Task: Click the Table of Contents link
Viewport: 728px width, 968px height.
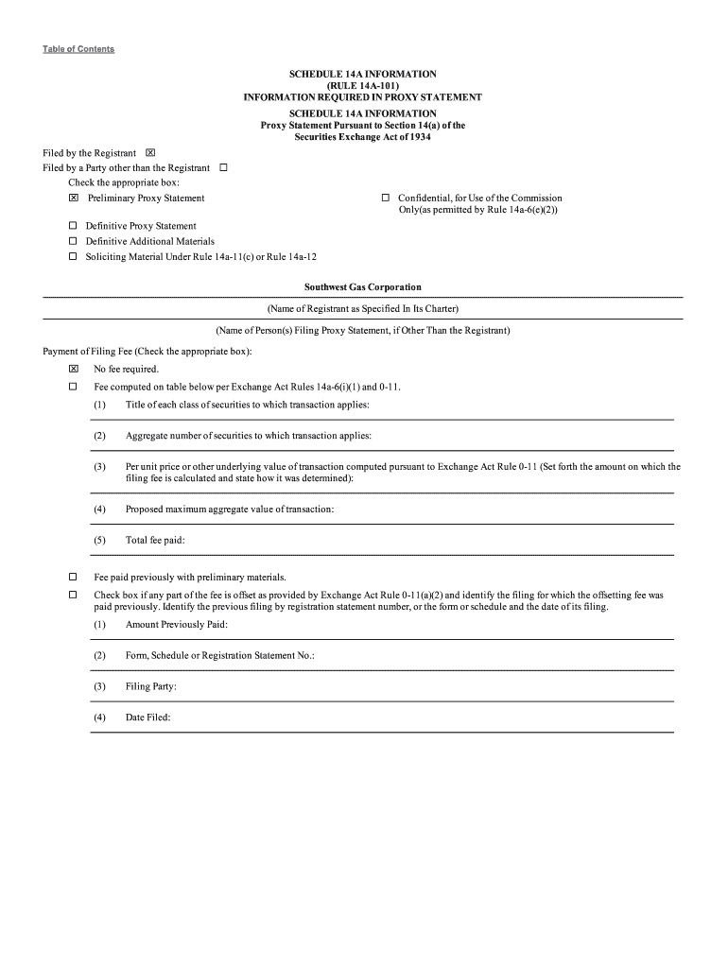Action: click(78, 49)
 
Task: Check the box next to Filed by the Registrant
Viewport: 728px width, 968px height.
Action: click(150, 153)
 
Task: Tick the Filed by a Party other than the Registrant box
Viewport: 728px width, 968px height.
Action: click(224, 168)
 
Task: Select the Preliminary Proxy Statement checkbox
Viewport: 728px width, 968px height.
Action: click(73, 199)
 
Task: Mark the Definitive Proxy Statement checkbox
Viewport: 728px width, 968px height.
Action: click(73, 227)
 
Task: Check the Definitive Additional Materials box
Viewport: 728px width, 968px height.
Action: click(73, 242)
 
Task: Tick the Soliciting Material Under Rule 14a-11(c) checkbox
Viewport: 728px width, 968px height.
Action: click(73, 257)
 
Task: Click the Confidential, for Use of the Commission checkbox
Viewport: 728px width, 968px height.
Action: click(386, 199)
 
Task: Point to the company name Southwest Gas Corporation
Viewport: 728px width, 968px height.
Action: click(363, 287)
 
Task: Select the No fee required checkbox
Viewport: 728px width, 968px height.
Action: click(73, 370)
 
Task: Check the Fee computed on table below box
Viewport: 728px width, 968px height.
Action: click(73, 388)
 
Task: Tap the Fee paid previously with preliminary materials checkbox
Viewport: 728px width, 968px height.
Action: click(73, 577)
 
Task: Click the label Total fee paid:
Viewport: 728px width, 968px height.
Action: click(155, 541)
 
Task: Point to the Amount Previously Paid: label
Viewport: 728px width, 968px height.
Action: click(176, 625)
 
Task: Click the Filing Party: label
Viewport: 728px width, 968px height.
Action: click(151, 687)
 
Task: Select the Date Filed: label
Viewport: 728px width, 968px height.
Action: click(147, 717)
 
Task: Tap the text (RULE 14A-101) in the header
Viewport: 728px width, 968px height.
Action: click(363, 86)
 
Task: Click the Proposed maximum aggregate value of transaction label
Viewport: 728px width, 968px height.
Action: click(229, 510)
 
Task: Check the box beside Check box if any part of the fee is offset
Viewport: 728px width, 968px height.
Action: click(73, 596)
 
